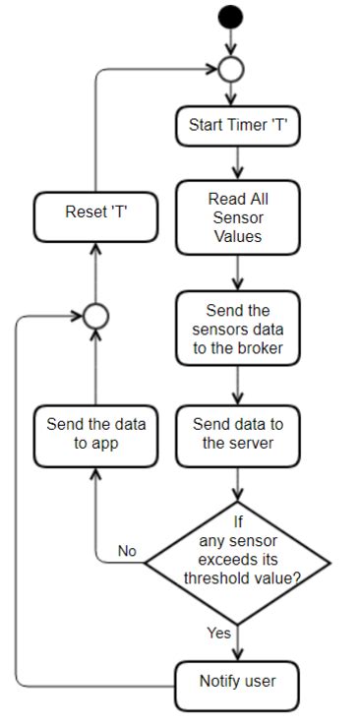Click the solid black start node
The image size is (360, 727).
click(232, 18)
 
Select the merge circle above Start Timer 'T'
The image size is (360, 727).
click(232, 70)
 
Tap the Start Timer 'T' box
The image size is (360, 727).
click(237, 126)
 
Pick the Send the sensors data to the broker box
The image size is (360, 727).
click(238, 328)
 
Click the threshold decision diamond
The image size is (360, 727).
click(237, 562)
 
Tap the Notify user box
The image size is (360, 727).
click(237, 680)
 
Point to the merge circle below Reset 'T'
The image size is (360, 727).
click(95, 316)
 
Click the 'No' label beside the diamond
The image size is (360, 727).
click(127, 551)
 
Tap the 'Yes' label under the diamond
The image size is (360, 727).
click(219, 633)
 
